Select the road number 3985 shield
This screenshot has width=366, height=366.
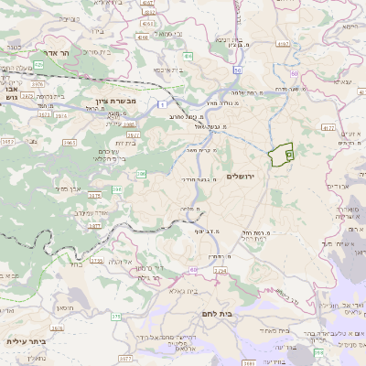tap(130, 124)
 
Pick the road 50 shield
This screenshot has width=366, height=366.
tap(237, 70)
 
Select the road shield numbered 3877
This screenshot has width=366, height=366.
tap(94, 224)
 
